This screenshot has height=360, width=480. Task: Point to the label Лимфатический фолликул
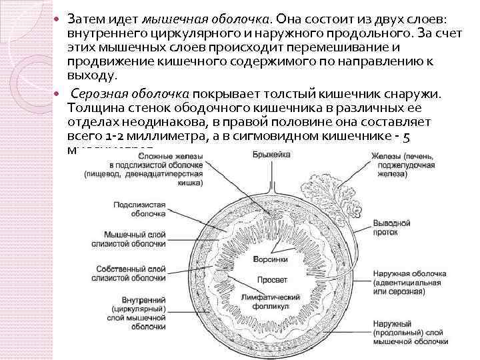click(x=271, y=300)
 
